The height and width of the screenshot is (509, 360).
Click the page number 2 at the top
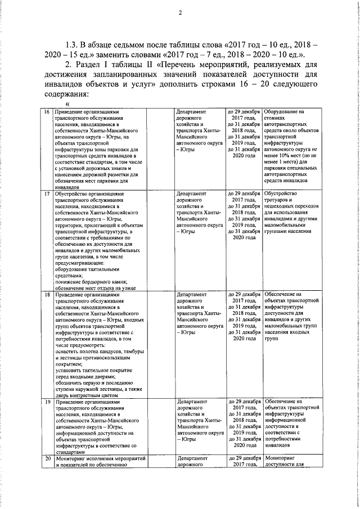click(180, 13)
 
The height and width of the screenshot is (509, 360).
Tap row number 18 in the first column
click(47, 294)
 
